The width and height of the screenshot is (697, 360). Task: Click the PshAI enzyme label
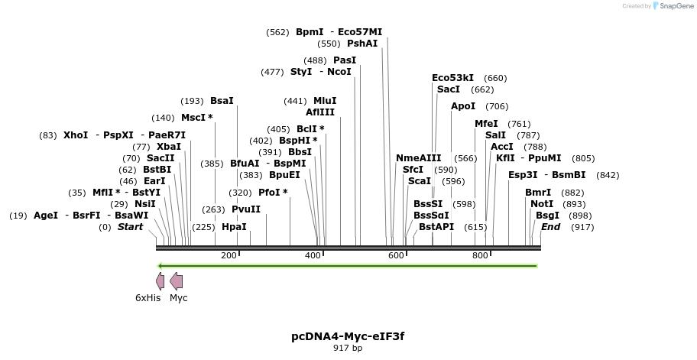pos(362,44)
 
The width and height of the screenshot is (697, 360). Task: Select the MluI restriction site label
pos(325,101)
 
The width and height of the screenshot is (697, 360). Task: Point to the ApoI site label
pos(463,106)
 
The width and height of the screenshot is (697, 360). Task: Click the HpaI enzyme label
pos(234,227)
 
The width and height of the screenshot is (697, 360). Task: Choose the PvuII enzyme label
pos(246,209)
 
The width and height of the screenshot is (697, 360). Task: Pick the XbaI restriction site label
pos(168,147)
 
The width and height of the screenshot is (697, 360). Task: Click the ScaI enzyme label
pos(420,181)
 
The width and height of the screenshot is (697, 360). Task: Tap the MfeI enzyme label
pos(486,124)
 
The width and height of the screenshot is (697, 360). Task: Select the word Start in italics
pos(130,227)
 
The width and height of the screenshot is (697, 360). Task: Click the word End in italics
pos(550,227)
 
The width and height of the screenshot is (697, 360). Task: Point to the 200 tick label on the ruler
pos(229,255)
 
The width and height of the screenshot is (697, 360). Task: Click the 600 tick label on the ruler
pos(396,255)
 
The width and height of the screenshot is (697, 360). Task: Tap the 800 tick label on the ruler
pos(480,255)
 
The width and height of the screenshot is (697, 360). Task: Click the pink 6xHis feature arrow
pos(160,281)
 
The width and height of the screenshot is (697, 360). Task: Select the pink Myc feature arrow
pos(176,281)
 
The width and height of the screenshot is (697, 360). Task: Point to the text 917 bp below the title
pos(348,348)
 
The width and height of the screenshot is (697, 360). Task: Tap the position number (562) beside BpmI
pos(277,32)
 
